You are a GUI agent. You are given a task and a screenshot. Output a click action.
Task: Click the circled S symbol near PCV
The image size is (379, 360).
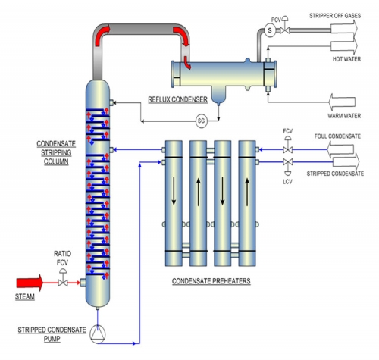(270, 30)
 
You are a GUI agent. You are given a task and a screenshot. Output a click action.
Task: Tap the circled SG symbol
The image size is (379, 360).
(202, 121)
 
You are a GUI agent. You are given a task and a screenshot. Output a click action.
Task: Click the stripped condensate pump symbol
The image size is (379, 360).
(98, 334)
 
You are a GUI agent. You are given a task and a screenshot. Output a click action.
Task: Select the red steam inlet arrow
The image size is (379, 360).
(30, 283)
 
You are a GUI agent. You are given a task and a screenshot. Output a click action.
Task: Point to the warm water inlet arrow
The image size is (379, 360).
(342, 102)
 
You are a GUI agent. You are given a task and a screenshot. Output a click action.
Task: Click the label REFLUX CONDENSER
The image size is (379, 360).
(177, 99)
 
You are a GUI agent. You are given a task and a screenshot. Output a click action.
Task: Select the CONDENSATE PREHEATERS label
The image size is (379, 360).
(211, 281)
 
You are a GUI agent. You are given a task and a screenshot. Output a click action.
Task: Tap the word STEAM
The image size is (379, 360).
(25, 296)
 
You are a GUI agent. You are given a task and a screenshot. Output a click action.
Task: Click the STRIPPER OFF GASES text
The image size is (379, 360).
(335, 16)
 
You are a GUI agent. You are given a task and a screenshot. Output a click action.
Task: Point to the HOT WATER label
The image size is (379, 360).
(346, 59)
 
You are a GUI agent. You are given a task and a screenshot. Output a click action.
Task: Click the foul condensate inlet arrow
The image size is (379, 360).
(340, 149)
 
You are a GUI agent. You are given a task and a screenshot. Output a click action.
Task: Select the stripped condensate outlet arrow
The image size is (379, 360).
(346, 161)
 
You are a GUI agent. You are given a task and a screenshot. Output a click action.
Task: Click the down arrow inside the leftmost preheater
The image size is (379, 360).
(174, 191)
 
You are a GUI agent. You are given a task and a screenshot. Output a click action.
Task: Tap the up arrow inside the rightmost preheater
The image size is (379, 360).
(247, 193)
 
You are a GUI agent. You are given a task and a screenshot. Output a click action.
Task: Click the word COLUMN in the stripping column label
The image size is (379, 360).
(56, 161)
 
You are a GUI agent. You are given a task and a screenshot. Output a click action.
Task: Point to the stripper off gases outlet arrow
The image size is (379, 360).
(344, 28)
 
